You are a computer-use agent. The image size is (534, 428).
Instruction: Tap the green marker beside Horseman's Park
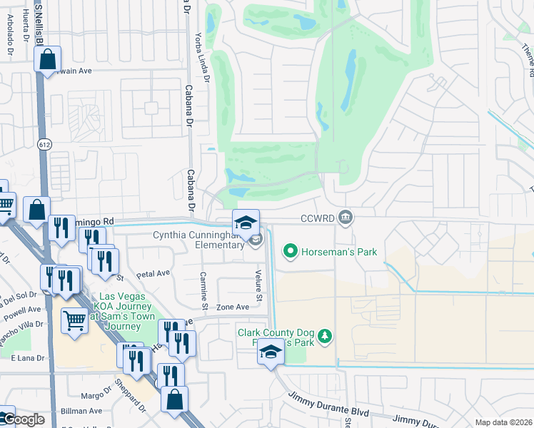point(291,251)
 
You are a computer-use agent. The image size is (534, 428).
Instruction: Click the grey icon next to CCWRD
point(346,217)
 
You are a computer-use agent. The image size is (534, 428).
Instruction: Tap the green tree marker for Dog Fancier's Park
point(325,335)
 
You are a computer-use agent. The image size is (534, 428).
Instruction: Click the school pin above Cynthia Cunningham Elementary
point(246,223)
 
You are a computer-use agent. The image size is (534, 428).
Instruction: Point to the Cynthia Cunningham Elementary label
point(198,240)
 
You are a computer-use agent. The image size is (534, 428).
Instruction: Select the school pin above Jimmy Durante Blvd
point(271,352)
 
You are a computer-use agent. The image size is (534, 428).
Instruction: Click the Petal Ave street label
point(153,273)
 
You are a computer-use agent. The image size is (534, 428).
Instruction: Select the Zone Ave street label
point(233,307)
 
